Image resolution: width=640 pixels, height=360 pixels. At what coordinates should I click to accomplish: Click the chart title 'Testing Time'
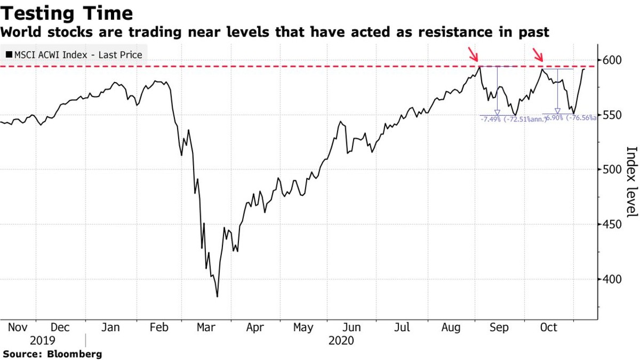click(67, 13)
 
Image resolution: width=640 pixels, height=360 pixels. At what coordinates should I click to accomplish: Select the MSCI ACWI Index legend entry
click(74, 55)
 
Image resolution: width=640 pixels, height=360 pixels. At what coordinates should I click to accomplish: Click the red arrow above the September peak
click(473, 54)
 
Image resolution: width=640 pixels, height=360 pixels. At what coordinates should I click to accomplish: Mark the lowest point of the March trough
click(217, 297)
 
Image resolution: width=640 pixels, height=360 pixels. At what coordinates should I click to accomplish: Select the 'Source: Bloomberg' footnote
click(52, 354)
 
